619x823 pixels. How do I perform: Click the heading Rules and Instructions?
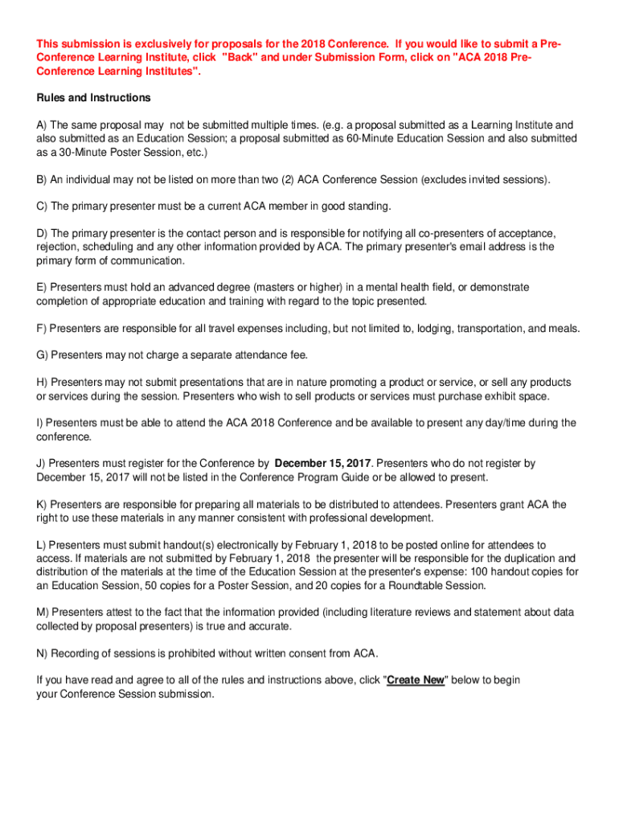93,98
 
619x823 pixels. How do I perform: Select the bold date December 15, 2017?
323,464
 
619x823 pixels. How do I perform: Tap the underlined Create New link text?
416,680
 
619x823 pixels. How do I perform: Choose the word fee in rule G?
299,354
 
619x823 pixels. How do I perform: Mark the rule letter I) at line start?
40,423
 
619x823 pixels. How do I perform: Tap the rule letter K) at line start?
42,505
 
